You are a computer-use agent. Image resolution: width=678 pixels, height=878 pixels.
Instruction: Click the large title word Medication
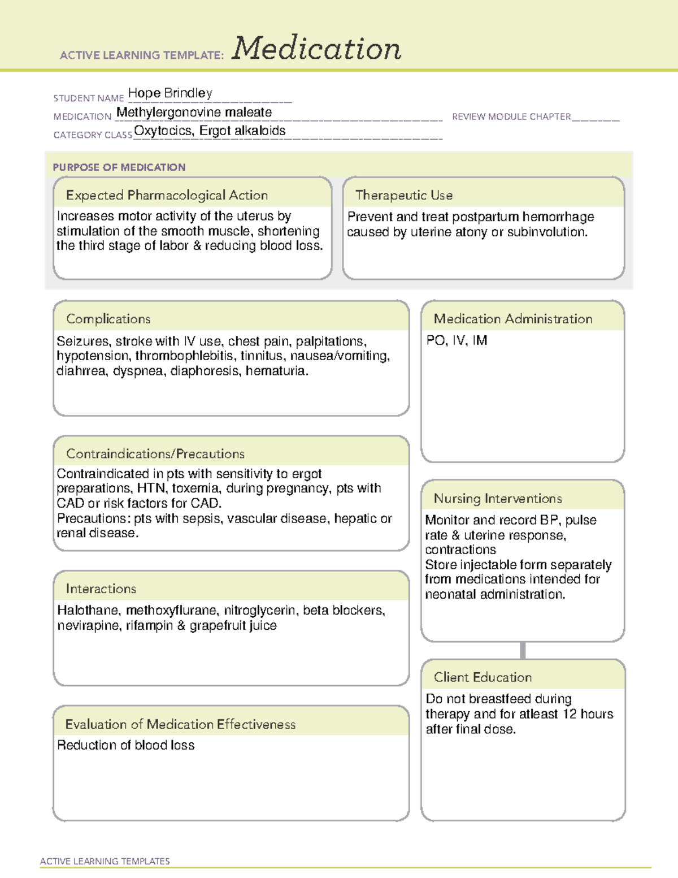tap(316, 49)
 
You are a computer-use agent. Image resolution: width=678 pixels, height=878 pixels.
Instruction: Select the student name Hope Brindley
tap(170, 93)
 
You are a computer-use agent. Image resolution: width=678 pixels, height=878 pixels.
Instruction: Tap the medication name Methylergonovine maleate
tap(194, 113)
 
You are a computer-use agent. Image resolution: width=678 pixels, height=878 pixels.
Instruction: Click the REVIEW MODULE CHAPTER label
tap(511, 116)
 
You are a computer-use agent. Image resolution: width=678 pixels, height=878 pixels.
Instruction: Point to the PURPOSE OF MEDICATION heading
tap(119, 167)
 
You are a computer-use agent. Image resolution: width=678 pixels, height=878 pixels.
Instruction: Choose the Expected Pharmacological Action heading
tap(167, 195)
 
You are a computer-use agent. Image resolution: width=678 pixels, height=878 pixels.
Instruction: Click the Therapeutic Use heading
tap(404, 195)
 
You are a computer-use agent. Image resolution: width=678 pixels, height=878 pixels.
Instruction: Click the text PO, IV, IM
tap(457, 340)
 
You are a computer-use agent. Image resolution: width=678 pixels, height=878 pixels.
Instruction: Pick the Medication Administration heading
tap(513, 319)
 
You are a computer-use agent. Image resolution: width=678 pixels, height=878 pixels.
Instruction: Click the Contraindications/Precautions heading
tap(155, 453)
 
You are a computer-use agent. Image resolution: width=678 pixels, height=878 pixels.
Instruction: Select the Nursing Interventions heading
tap(498, 499)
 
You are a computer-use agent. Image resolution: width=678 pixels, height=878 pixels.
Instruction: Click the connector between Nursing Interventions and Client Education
tap(523, 650)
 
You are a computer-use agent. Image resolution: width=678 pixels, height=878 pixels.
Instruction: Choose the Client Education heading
tap(483, 677)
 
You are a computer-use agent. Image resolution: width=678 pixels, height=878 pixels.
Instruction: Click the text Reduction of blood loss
tap(126, 745)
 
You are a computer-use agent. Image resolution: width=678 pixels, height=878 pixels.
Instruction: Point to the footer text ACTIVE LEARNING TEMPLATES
tap(105, 861)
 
